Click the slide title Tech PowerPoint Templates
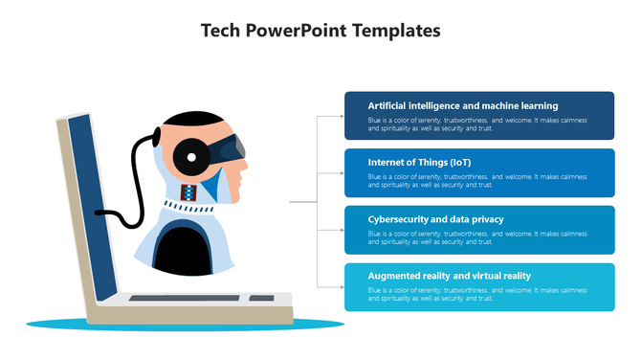tap(320, 31)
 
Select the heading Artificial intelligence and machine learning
tap(463, 105)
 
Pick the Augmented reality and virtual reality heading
tap(450, 276)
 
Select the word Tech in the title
tap(221, 31)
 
